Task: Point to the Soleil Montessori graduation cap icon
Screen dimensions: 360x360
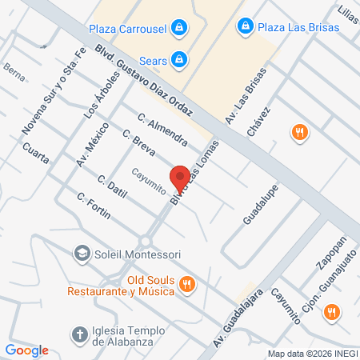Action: [x=80, y=254]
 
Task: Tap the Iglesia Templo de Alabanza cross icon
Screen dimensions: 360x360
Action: [x=79, y=334]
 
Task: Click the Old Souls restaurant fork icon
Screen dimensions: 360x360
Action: [x=186, y=282]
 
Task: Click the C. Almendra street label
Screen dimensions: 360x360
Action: [x=162, y=130]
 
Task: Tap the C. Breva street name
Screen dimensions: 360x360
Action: [x=138, y=143]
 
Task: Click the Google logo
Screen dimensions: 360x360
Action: [x=26, y=350]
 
